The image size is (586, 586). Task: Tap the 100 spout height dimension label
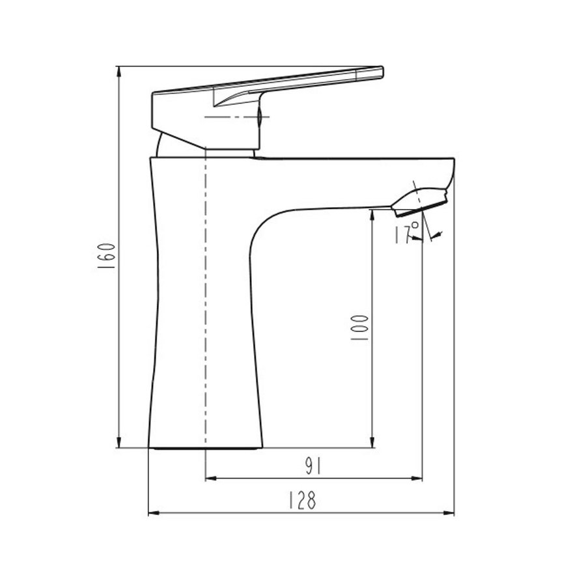coord(363,328)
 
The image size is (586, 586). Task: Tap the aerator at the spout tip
coord(419,200)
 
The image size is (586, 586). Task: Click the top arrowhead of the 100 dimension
coord(372,215)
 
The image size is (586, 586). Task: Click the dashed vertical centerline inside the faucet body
coord(206,293)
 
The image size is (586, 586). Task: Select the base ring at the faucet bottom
coord(205,448)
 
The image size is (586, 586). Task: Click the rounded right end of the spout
coord(451,169)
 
